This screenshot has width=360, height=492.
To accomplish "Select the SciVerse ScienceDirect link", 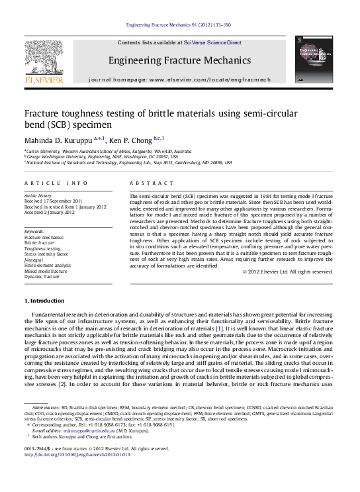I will (216, 42).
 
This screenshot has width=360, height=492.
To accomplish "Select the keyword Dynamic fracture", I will (44, 277).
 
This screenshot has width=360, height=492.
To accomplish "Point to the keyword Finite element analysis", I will (48, 266).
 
